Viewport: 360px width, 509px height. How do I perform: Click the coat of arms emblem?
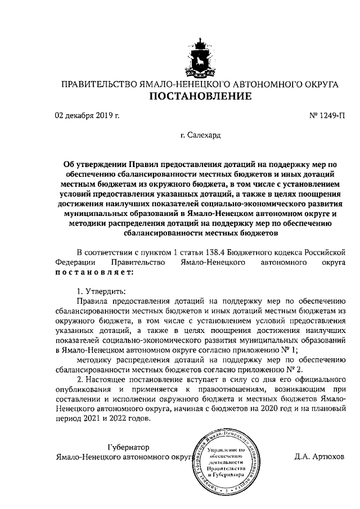click(x=200, y=55)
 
